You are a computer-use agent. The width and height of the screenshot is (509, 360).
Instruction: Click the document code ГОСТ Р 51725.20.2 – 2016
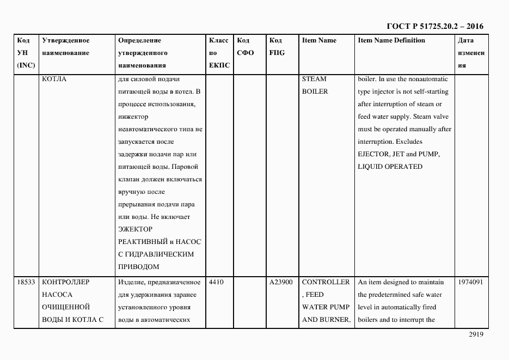[x=434, y=26]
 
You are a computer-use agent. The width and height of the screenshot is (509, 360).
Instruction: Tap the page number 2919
[x=476, y=335]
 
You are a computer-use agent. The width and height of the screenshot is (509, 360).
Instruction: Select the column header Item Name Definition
[x=391, y=41]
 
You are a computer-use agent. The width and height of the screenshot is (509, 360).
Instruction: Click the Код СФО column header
[x=246, y=47]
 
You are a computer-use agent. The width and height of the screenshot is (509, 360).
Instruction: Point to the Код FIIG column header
[x=277, y=47]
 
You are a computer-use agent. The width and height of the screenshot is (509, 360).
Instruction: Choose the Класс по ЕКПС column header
[x=219, y=53]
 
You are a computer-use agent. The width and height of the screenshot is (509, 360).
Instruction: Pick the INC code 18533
[x=26, y=282]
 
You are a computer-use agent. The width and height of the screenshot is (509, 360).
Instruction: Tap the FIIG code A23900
[x=281, y=282]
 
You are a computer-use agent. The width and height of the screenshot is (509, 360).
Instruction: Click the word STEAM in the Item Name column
[x=314, y=79]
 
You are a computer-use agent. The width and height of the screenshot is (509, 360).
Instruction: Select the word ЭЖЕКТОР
[x=135, y=229]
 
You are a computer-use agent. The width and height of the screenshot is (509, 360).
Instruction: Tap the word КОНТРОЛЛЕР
[x=65, y=282]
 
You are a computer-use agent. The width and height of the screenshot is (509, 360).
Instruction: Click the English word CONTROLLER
[x=326, y=282]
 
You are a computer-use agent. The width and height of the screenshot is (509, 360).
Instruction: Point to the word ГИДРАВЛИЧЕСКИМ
[x=160, y=254]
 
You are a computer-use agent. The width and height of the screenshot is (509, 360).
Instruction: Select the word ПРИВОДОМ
[x=138, y=267]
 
